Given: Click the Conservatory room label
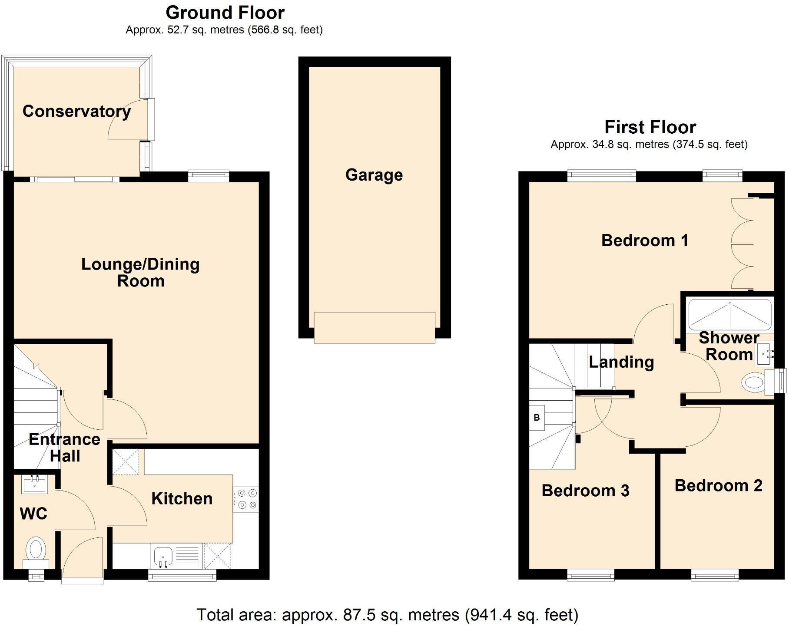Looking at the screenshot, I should click(x=76, y=112).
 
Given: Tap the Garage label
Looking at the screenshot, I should click(x=374, y=175).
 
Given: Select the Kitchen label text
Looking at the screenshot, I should click(x=182, y=498).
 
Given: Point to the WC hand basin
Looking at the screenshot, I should click(x=34, y=484).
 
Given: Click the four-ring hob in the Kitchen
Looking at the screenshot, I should click(x=245, y=499).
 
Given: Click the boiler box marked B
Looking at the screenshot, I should click(x=537, y=418).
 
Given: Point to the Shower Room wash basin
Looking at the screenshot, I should click(x=766, y=354).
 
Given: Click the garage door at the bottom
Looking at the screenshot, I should click(x=374, y=328).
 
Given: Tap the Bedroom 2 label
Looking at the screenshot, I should click(x=718, y=485).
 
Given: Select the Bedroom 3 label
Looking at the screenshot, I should click(x=585, y=491).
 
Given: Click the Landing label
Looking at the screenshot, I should click(x=621, y=362).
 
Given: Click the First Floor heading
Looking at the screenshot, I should click(x=650, y=127).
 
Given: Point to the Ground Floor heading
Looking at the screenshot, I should click(x=225, y=13).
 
